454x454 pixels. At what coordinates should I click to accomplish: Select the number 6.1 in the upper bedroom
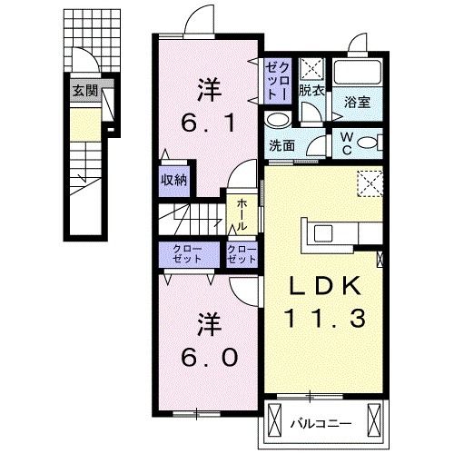(x=210, y=120)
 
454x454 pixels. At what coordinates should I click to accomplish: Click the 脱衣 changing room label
(x=312, y=91)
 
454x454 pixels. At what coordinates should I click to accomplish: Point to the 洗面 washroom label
(x=280, y=145)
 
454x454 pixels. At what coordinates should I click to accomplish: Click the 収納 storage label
(x=175, y=180)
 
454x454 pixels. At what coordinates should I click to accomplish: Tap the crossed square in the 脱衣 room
(x=311, y=67)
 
